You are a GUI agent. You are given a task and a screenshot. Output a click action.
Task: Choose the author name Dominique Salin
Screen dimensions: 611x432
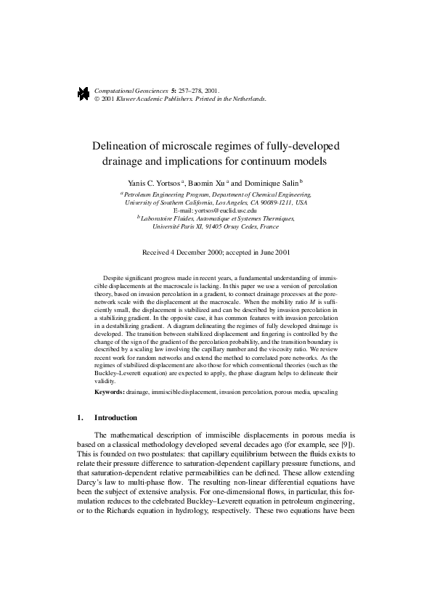[272, 183]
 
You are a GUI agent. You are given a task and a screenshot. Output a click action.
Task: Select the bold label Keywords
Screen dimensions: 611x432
[110, 391]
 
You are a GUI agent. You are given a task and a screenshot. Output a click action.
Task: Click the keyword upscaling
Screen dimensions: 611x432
[323, 391]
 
